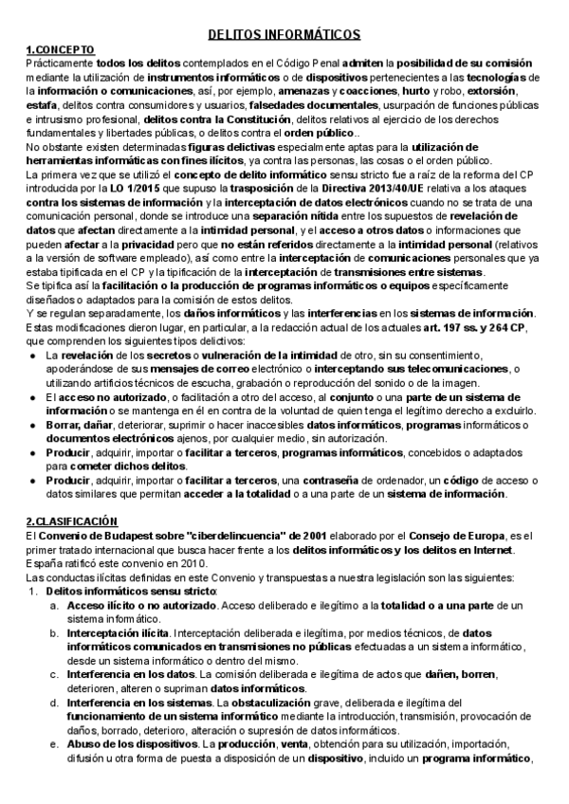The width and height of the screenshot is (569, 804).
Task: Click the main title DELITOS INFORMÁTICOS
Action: coord(284,33)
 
